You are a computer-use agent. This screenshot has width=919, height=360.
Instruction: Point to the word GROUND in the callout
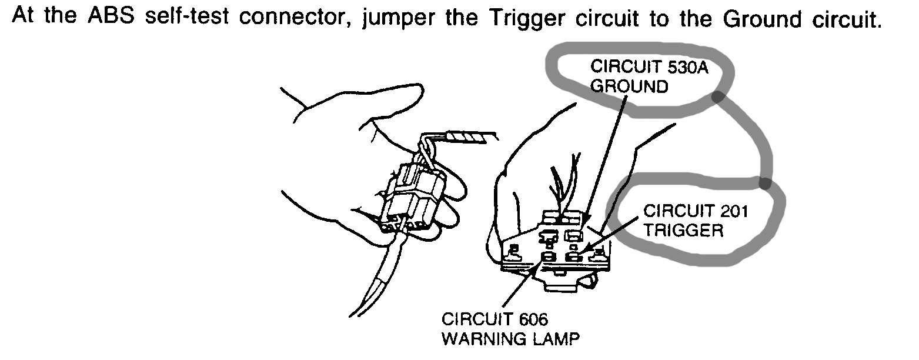point(629,86)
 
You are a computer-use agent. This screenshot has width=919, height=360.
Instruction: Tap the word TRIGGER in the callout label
point(683,230)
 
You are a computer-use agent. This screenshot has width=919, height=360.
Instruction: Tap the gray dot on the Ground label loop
point(717,97)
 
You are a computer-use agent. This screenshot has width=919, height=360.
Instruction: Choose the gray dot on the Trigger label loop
point(764,183)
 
